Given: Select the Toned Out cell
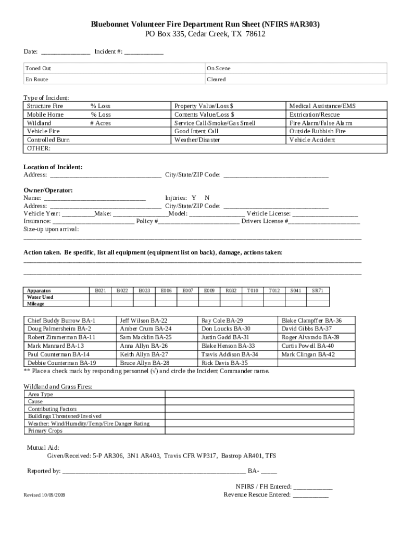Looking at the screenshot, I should (39, 68).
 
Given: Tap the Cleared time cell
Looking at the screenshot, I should (216, 80).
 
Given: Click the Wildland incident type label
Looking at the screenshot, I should (39, 123).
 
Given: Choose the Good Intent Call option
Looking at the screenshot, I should (196, 132).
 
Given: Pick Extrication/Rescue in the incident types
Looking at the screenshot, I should (314, 115).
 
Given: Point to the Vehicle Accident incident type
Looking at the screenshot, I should (312, 140).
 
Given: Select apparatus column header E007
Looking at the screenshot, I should (187, 290).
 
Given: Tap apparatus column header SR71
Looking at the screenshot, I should (317, 290).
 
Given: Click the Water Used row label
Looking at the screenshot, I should (40, 297).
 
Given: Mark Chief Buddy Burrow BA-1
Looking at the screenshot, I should (61, 321).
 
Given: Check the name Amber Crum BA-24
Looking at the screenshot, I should (145, 329).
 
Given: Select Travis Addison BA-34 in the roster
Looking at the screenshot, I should (230, 354).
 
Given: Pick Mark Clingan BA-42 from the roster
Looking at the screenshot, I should (308, 354).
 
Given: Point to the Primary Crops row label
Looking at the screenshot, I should (45, 431).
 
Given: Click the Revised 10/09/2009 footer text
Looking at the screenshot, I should (44, 494).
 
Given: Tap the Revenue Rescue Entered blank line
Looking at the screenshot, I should (310, 495).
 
